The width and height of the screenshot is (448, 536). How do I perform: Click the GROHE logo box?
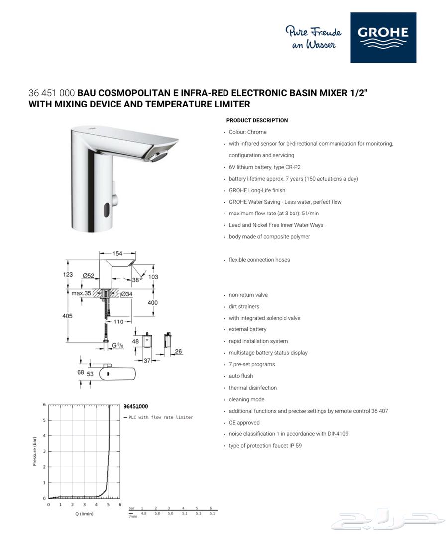pos(383,38)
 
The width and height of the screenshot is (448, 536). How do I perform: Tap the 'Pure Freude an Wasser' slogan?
pos(313,38)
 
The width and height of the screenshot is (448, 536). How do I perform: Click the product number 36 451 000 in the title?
pos(52,93)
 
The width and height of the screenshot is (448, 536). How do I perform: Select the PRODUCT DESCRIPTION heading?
pos(257,120)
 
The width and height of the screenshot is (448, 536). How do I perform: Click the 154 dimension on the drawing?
pos(117,253)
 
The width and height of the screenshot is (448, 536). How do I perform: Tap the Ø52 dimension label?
pos(89,275)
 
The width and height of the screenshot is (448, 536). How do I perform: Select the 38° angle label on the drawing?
pos(136,280)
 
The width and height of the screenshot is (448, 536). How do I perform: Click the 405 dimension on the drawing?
pos(67,316)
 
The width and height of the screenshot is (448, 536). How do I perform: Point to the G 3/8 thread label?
pos(117,345)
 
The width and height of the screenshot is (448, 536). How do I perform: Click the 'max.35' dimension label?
pos(81,293)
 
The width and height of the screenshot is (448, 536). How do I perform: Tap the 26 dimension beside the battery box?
pos(178,352)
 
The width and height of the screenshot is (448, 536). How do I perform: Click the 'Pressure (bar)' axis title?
pos(35,450)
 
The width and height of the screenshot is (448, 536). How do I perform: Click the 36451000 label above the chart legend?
pos(135,407)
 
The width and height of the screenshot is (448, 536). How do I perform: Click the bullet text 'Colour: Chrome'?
pos(247,132)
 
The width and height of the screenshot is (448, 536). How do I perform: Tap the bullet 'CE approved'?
pos(244,423)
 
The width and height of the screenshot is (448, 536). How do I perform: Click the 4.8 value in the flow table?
pos(144,513)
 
